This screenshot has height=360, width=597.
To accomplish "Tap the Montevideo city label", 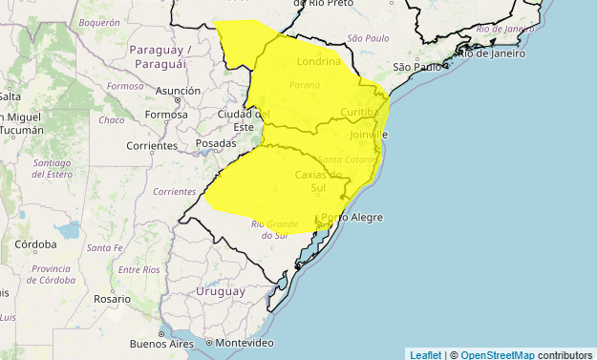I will tap(245, 343).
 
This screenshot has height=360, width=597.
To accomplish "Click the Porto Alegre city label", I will tap(353, 218).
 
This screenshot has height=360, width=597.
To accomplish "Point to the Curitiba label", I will tap(360, 113).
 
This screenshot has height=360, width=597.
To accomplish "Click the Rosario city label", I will tap(112, 299).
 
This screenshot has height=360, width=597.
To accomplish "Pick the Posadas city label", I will tap(215, 143).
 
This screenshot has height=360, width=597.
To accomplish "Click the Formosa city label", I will tap(166, 115).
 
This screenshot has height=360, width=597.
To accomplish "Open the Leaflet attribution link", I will tap(425, 354).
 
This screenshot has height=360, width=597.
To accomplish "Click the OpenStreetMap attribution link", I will tap(497, 354).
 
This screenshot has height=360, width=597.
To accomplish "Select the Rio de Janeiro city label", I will tap(493, 53).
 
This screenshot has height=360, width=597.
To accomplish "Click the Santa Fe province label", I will tap(104, 248).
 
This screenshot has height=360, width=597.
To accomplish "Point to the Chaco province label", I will tap(112, 120).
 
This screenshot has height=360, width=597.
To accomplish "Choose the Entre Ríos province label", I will tap(139, 270).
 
